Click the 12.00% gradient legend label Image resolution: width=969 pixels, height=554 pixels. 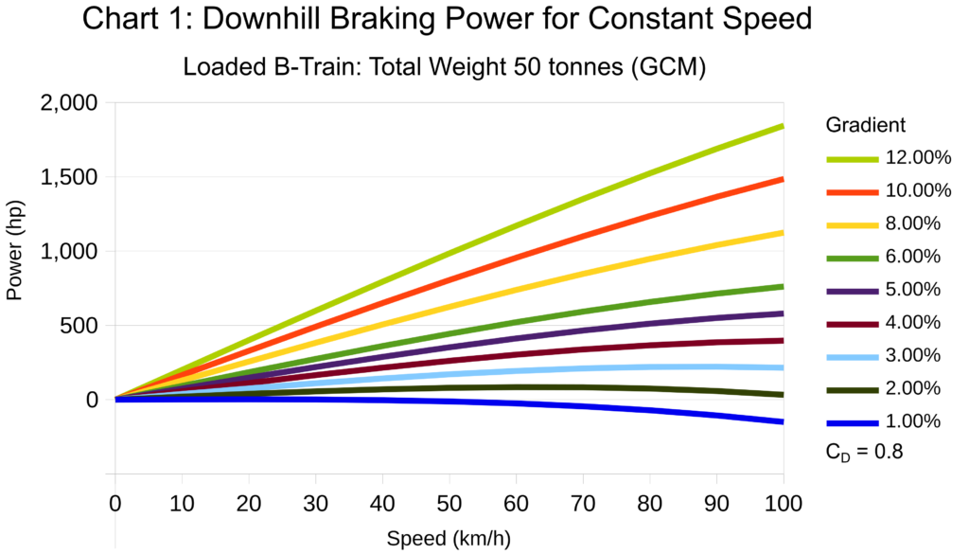(x=918, y=158)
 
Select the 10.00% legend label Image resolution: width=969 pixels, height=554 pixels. (x=918, y=191)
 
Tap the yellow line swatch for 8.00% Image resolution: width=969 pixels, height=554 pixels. (x=853, y=224)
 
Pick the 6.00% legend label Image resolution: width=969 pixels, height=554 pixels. (x=913, y=257)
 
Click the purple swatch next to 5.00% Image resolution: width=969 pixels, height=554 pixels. (x=853, y=290)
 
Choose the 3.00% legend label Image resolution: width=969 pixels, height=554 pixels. (x=913, y=355)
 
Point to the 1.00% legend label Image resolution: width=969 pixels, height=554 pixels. (x=913, y=421)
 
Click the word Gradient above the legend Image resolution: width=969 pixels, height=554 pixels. (x=866, y=125)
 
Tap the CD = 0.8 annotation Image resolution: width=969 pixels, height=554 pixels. (x=864, y=453)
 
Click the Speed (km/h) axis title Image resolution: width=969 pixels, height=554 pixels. (x=449, y=539)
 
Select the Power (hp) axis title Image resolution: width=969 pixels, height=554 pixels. (x=14, y=251)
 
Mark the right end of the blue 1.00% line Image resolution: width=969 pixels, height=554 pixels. (x=782, y=421)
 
